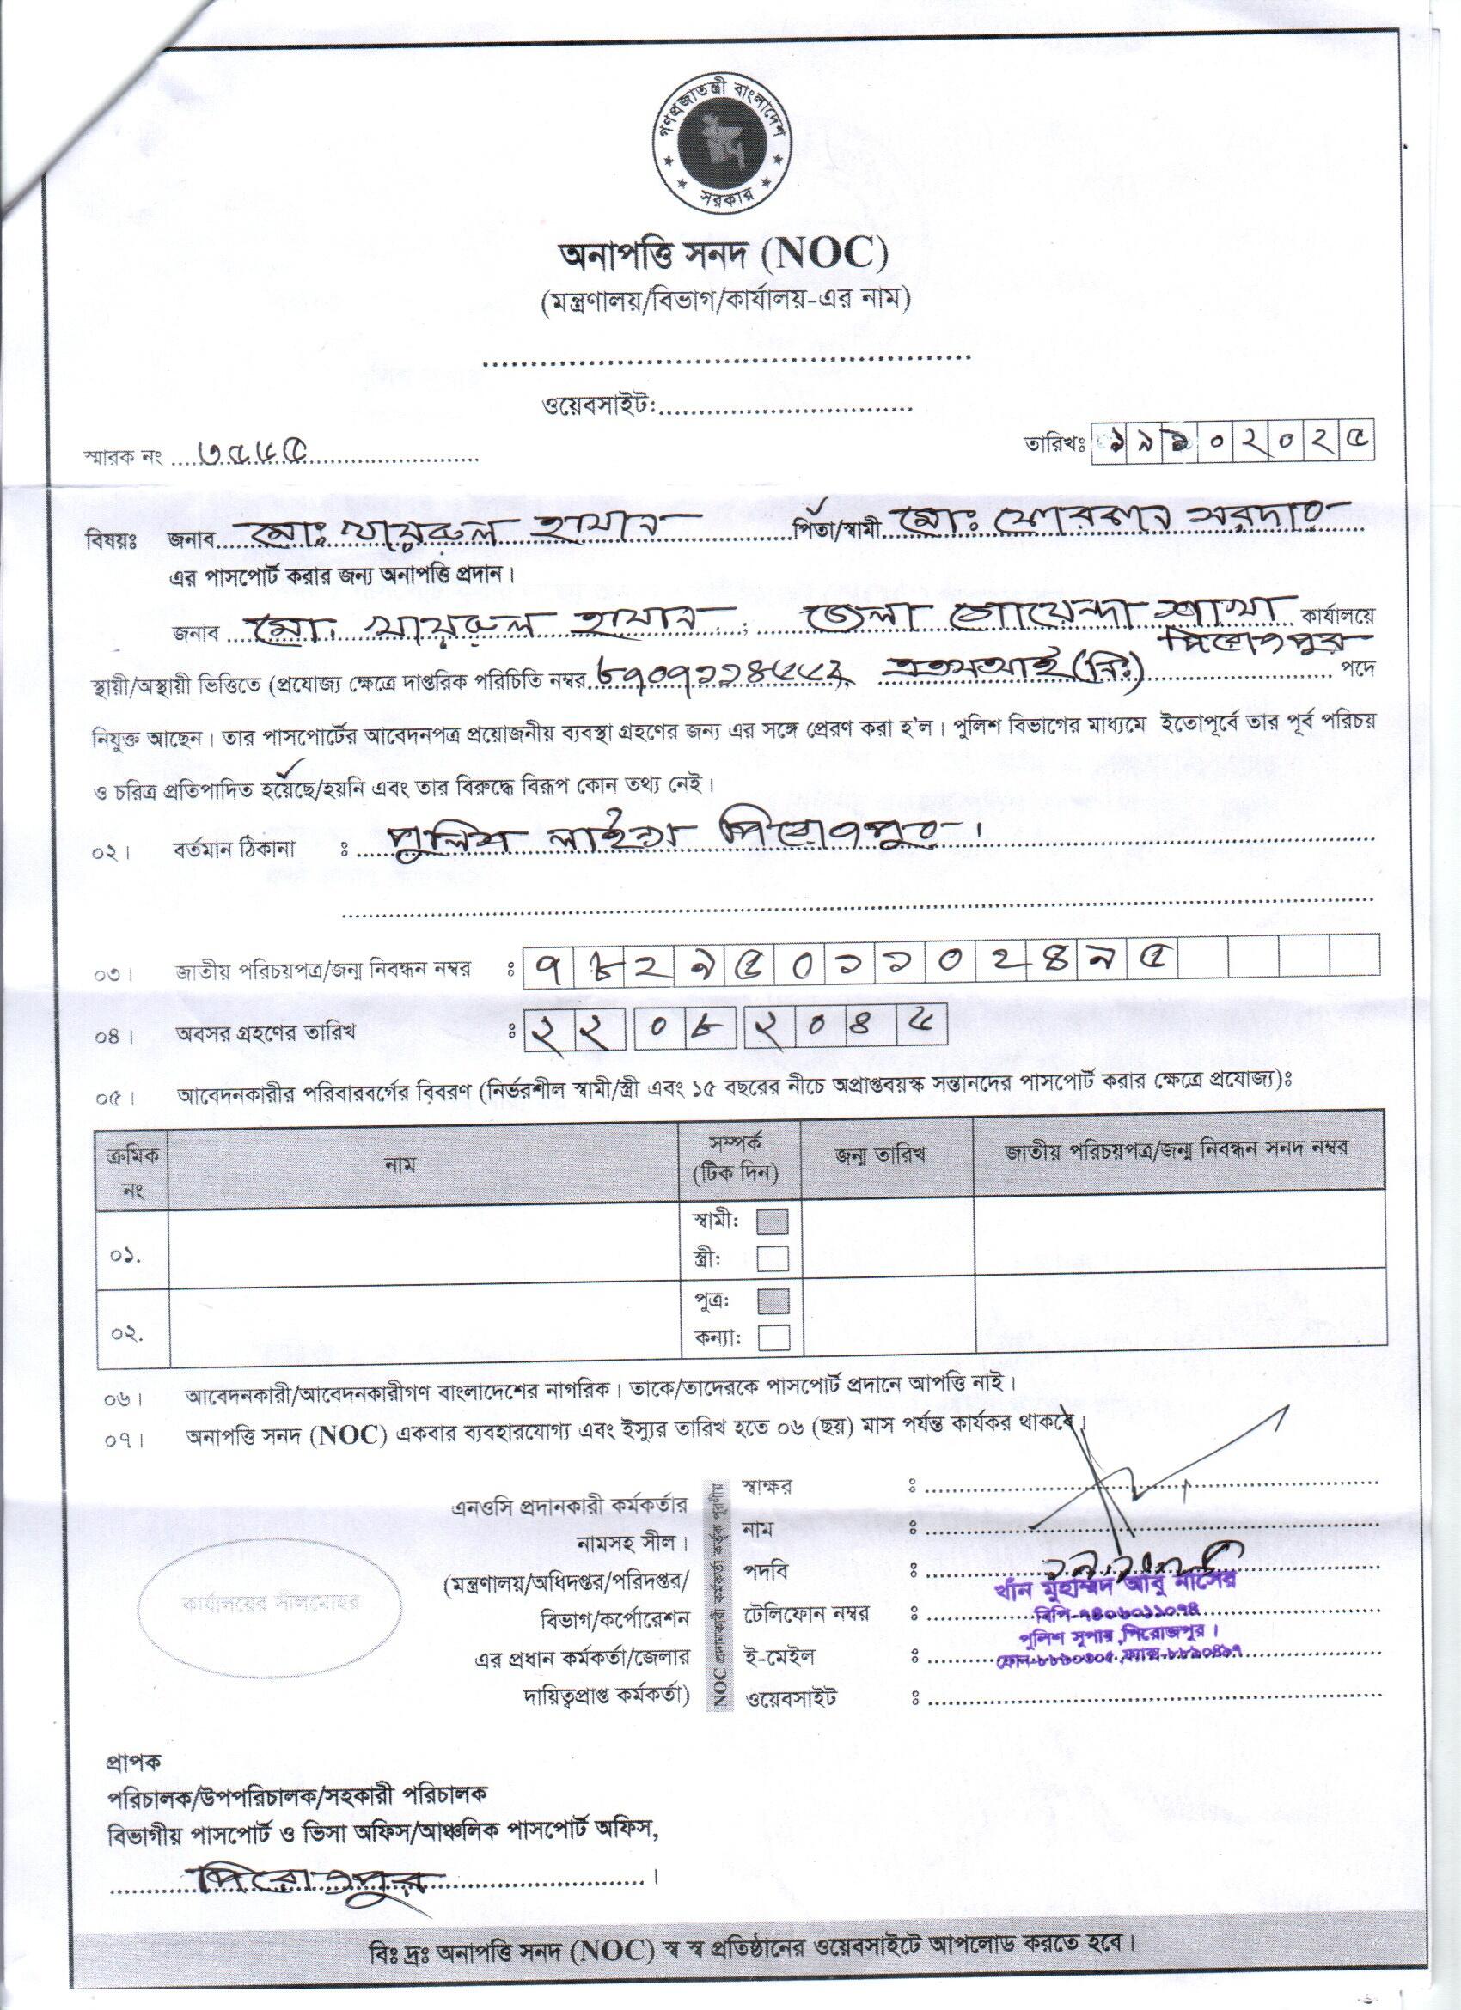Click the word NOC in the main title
coord(831,257)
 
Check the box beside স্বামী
coord(773,1223)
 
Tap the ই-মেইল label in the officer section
coord(780,1655)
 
